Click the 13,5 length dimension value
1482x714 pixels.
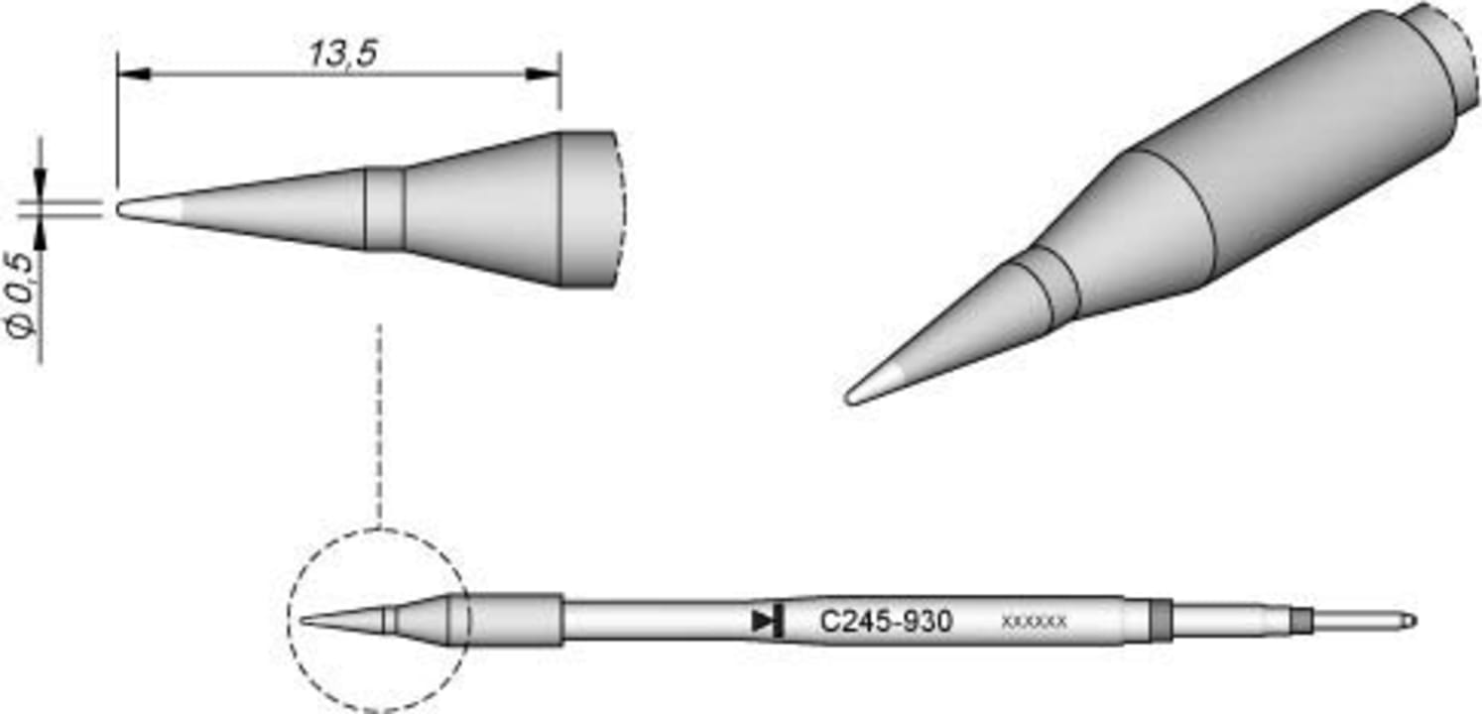341,55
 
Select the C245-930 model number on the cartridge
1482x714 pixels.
887,622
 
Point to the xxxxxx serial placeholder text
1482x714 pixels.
1034,623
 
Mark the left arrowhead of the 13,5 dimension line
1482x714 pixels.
133,74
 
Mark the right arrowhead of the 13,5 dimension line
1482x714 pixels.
543,74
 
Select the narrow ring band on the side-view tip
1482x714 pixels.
385,208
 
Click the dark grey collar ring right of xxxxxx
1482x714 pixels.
1160,621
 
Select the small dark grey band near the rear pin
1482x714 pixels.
1300,621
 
